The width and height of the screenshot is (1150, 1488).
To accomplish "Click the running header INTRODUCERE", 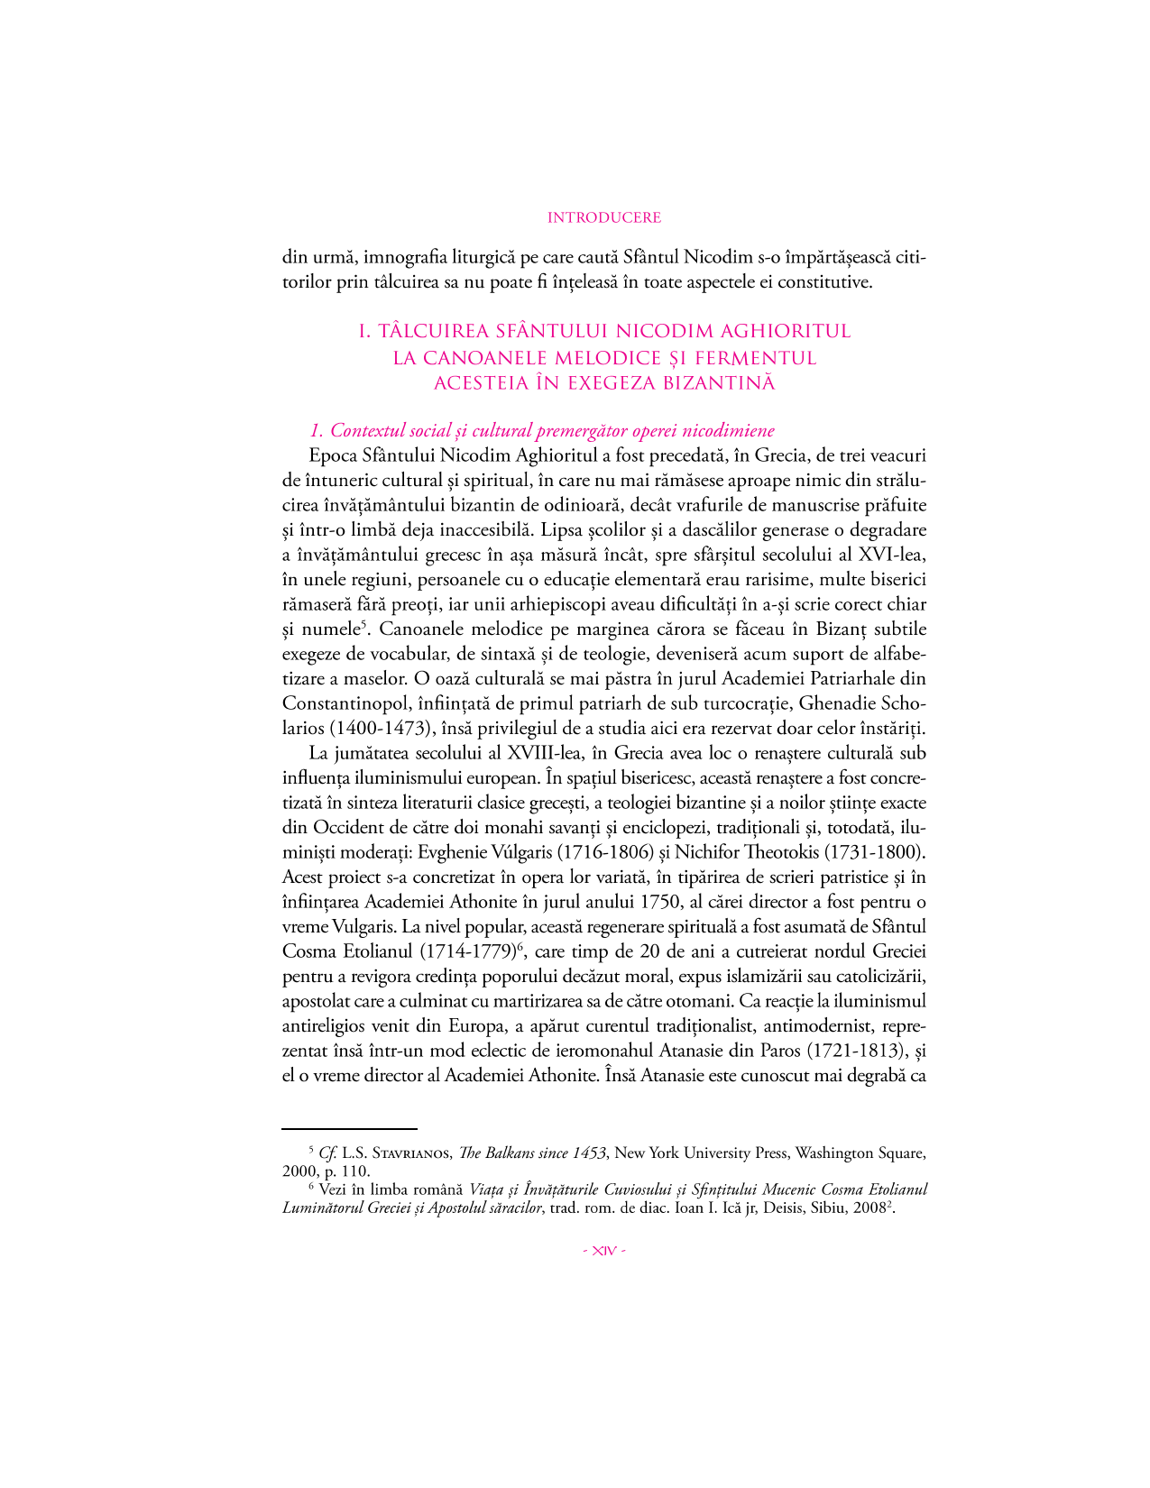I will [x=604, y=217].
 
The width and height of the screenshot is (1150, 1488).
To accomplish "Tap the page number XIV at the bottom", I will [x=604, y=1251].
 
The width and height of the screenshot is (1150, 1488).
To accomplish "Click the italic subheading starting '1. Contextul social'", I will [x=541, y=430].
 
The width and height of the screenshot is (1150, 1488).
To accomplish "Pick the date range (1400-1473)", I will [x=354, y=728].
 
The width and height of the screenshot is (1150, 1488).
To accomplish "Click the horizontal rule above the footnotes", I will [x=349, y=1127].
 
